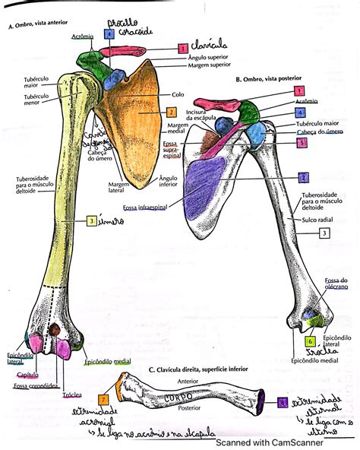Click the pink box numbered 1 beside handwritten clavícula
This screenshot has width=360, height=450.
[x=182, y=48]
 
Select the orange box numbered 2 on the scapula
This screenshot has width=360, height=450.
[x=172, y=112]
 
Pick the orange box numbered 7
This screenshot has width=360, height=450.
[x=103, y=399]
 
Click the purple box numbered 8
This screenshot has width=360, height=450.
[x=283, y=402]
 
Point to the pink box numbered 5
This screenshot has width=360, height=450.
[x=302, y=142]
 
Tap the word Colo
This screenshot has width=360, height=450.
[x=178, y=95]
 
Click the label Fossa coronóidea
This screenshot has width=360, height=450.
[x=35, y=385]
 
